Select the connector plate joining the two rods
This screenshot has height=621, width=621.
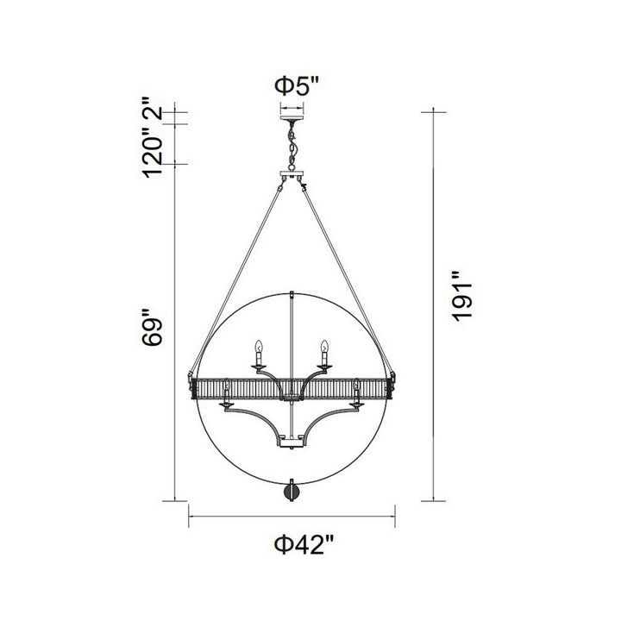(x=292, y=179)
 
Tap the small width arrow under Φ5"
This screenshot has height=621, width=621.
(x=292, y=107)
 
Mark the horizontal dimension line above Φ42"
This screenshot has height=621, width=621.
(x=292, y=517)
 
